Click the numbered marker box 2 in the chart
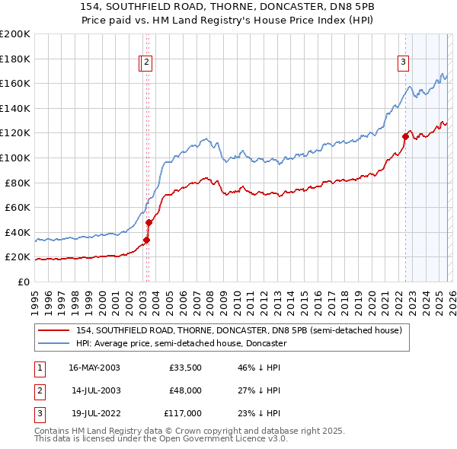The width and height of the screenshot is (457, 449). point(146,63)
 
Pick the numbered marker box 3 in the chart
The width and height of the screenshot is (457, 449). point(403,63)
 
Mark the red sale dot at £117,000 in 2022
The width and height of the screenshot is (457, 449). point(405,137)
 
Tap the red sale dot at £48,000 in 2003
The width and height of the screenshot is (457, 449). point(149,222)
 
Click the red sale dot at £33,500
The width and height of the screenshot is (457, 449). point(146,240)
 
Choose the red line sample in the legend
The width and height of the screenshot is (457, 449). point(54,330)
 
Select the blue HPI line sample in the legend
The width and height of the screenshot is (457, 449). point(54,344)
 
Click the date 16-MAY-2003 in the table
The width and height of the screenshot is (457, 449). point(94,368)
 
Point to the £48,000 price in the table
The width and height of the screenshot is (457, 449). point(185,390)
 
